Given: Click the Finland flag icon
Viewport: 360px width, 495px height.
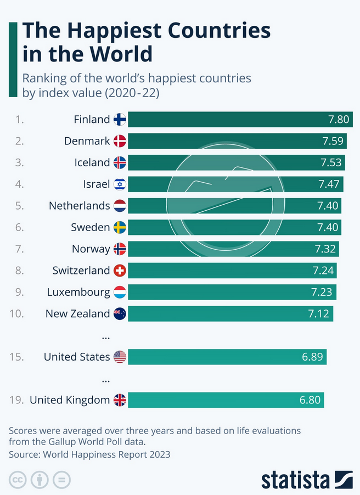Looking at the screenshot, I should point(120,120).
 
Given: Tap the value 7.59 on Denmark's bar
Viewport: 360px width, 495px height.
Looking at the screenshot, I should point(334,141).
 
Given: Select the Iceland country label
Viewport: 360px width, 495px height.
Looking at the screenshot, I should point(92,162).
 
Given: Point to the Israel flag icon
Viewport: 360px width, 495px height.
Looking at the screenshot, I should point(120,184).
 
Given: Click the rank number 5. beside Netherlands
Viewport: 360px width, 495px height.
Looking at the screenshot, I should point(20,206).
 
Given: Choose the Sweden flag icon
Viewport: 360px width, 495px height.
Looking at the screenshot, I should point(120,227).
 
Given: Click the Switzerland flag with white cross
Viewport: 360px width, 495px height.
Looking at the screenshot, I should point(120,271).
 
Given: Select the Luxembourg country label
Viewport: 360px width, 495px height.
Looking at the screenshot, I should point(79,292).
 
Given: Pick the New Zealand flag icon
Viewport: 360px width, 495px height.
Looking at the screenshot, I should point(120,314).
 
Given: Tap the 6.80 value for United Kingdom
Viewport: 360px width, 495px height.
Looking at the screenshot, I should point(310,400).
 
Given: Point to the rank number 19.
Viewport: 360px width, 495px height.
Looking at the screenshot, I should point(16,400).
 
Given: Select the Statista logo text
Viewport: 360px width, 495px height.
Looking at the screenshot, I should point(295,479).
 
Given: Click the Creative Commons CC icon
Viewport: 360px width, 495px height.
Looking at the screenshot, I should point(17,480).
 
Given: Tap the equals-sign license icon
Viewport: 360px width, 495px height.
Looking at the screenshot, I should point(62,480).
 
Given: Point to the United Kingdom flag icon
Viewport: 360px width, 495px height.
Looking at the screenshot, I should point(120,400).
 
